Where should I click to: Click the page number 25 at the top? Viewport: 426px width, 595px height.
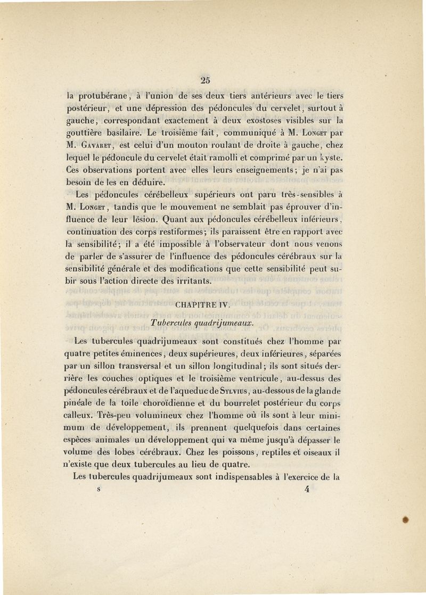point(207,80)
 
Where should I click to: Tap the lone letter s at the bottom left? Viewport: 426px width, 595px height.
point(99,491)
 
